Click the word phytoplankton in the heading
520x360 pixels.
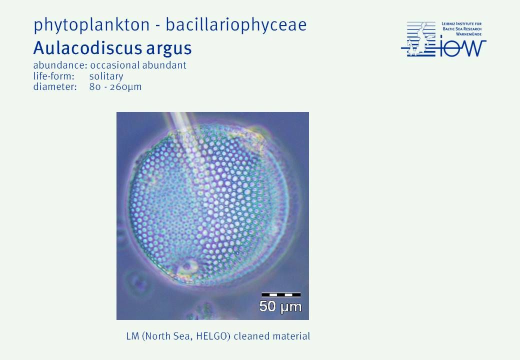91,25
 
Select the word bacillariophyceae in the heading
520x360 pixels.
236,25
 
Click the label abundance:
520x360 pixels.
60,65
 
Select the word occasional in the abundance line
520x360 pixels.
114,65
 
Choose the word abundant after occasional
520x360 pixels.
164,65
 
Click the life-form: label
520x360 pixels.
53,76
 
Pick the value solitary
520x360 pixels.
106,76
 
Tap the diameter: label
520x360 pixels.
55,87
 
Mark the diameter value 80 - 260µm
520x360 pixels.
115,87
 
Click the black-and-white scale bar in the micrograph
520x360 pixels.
281,294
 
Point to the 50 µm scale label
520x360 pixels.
280,306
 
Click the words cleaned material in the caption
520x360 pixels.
272,336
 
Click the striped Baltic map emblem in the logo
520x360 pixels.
418,39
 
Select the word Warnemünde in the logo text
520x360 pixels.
468,34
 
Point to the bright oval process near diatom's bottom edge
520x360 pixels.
187,266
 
